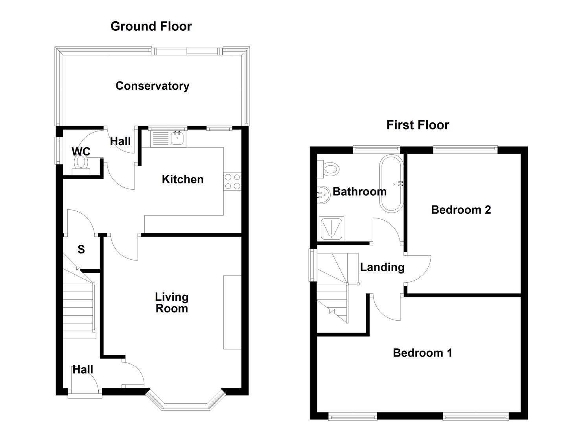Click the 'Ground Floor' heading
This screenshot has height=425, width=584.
coord(151,26)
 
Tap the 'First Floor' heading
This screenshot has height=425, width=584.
coord(417,125)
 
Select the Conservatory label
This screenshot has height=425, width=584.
coord(152,86)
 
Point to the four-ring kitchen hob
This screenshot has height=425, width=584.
coord(232,182)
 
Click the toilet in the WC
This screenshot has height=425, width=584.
coord(81,162)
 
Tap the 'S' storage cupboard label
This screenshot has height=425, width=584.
coord(81,249)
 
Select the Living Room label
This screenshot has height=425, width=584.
coord(171,303)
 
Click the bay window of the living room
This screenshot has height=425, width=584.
coord(185,403)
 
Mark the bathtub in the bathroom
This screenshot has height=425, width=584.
coord(391,184)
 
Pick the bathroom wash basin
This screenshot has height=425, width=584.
coord(324,194)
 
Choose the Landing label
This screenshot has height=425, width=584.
coord(382,267)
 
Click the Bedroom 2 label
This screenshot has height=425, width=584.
coord(461,210)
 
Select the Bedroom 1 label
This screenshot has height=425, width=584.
coord(422,353)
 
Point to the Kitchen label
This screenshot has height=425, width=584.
coord(182,179)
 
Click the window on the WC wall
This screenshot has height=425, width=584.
coord(58,150)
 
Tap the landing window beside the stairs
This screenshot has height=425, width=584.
coord(313,265)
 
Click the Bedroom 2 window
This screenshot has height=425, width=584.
coord(465,149)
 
